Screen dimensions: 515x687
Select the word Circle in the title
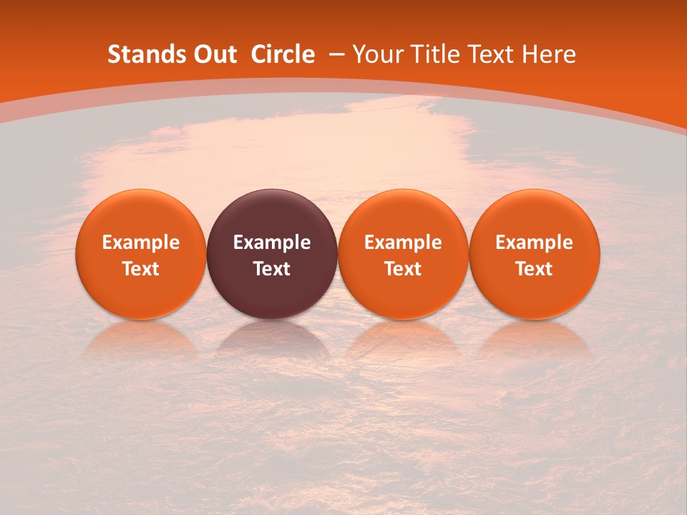[x=283, y=54]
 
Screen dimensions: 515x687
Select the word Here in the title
[x=549, y=54]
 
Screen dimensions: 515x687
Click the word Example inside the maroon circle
[x=272, y=242]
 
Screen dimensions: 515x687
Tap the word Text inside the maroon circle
[x=272, y=269]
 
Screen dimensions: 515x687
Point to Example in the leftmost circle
[x=141, y=242]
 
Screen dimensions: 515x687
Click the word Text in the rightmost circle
[x=535, y=269]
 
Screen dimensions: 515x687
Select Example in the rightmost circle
[x=535, y=242]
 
